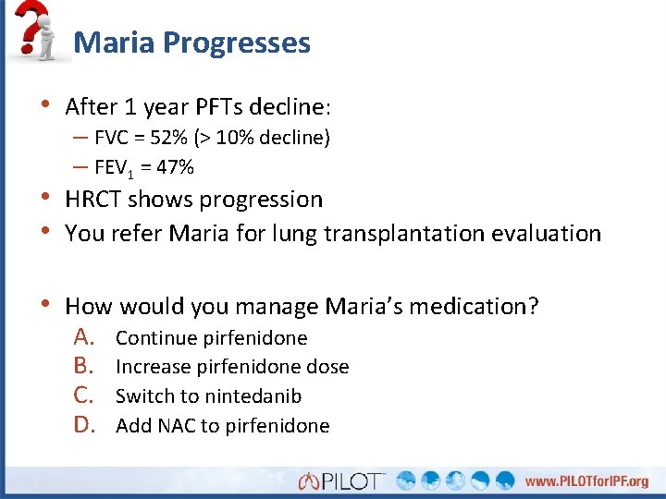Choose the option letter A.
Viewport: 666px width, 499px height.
click(86, 337)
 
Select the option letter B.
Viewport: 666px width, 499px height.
click(86, 366)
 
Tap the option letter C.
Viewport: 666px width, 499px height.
click(86, 396)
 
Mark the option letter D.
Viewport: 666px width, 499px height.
click(86, 425)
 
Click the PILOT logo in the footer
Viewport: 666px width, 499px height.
click(340, 481)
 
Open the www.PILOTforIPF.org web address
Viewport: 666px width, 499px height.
click(586, 481)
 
